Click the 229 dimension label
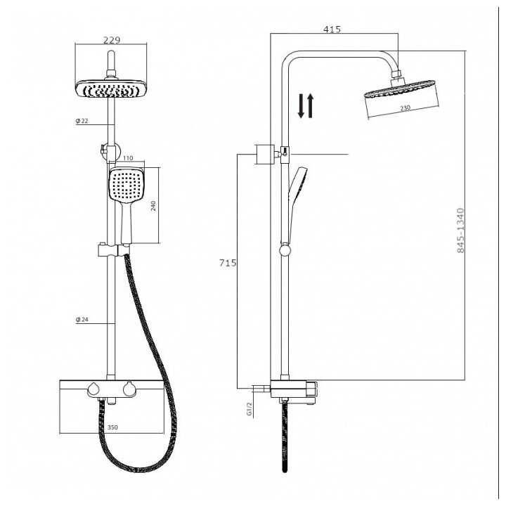coord(111,40)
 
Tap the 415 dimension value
coord(332,29)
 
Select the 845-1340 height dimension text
coord(461,230)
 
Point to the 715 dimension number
coord(228,263)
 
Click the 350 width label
coord(112,426)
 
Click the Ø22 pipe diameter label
coord(83,122)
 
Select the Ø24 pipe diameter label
coord(83,320)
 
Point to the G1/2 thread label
coord(249,409)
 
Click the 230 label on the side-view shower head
coord(406,108)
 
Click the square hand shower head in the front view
coord(126,186)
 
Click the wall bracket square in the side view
coord(264,154)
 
